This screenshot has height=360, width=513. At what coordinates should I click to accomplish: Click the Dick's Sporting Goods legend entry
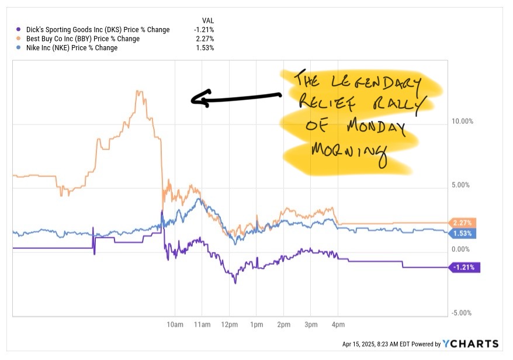[x=93, y=30]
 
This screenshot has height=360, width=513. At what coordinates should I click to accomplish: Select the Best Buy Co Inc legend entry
[x=79, y=39]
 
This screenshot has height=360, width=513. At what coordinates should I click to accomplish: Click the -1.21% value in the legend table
[x=204, y=30]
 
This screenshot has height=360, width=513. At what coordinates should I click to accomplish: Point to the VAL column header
[x=207, y=20]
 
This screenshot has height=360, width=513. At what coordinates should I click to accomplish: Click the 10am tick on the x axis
[x=175, y=324]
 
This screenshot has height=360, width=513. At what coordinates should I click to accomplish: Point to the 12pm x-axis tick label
[x=229, y=324]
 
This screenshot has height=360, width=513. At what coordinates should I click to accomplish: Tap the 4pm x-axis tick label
[x=338, y=324]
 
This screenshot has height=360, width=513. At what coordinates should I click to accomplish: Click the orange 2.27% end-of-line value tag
[x=463, y=223]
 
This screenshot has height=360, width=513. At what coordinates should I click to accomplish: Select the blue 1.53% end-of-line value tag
[x=463, y=233]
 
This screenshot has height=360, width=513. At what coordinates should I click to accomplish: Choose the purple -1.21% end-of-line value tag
[x=464, y=268]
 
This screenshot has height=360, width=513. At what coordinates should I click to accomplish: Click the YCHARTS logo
[x=471, y=344]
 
